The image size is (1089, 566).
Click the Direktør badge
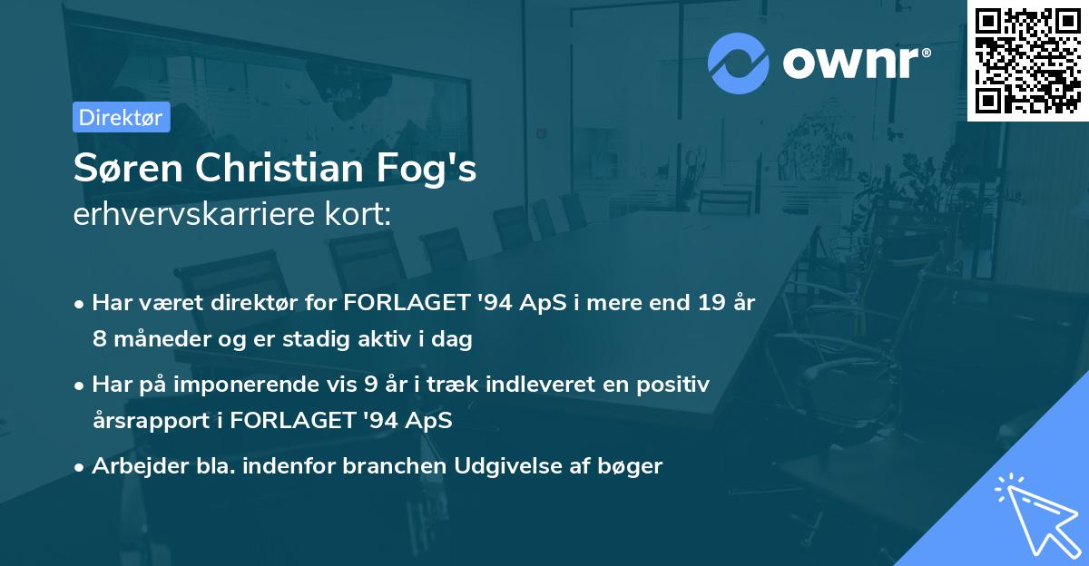coord(121,117)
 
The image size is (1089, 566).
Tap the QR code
coord(1027,59)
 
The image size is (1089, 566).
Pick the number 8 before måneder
coord(100,339)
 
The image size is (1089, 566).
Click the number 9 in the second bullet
coord(370,385)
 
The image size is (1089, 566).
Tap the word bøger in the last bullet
coord(633,466)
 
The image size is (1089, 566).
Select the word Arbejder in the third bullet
coord(131,466)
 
